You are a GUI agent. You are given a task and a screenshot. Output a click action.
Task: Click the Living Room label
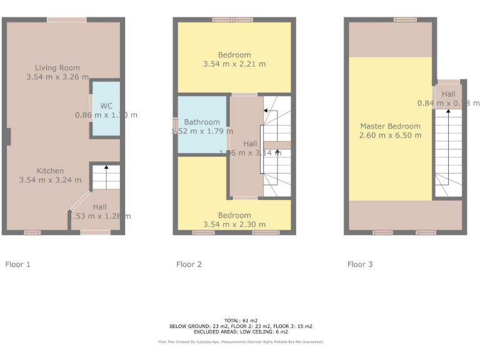pyautogui.click(x=57, y=67)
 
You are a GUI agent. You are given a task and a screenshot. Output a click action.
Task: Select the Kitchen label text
pyautogui.click(x=50, y=171)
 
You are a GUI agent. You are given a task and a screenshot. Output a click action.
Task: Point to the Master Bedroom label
pyautogui.click(x=390, y=126)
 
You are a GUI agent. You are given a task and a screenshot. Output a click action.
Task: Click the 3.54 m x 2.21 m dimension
pyautogui.click(x=234, y=64)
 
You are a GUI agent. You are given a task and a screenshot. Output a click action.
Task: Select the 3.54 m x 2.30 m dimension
pyautogui.click(x=234, y=224)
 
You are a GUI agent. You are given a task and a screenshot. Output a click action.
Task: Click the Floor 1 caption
pyautogui.click(x=17, y=264)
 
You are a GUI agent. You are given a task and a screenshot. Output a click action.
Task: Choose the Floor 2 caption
pyautogui.click(x=189, y=264)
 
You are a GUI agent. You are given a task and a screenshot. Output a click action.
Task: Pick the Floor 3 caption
pyautogui.click(x=360, y=264)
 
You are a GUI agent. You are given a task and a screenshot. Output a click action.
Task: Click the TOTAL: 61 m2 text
pyautogui.click(x=241, y=321)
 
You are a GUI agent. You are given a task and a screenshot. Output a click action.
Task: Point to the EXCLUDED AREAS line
pyautogui.click(x=241, y=331)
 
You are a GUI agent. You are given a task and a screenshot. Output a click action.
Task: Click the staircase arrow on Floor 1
pyautogui.click(x=106, y=167)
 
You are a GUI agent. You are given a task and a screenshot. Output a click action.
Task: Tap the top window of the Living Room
pyautogui.click(x=67, y=20)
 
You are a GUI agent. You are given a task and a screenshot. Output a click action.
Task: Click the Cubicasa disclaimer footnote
pyautogui.click(x=241, y=342)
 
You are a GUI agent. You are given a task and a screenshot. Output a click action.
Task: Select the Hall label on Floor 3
pyautogui.click(x=448, y=94)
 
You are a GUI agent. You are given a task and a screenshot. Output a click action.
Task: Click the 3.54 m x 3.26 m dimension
pyautogui.click(x=57, y=77)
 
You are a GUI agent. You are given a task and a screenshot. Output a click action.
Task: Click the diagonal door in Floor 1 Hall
pyautogui.click(x=79, y=202)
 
